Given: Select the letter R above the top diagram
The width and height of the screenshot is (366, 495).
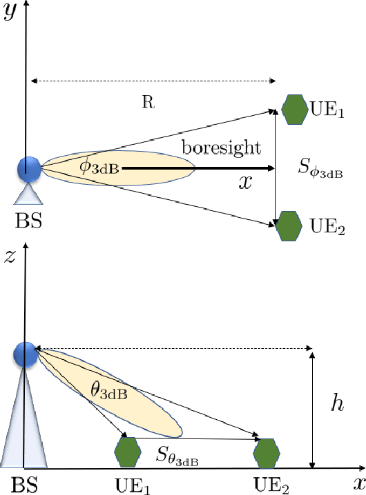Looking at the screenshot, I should pyautogui.click(x=148, y=103).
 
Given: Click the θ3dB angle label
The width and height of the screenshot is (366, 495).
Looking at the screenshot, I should pyautogui.click(x=109, y=392).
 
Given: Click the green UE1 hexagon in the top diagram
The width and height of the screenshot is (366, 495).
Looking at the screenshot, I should pyautogui.click(x=294, y=110).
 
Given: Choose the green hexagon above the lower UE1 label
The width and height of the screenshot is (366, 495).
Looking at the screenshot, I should pyautogui.click(x=128, y=452).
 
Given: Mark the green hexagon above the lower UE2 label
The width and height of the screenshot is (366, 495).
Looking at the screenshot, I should pyautogui.click(x=267, y=453).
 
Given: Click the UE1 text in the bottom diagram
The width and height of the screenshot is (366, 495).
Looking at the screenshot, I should pyautogui.click(x=132, y=484).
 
